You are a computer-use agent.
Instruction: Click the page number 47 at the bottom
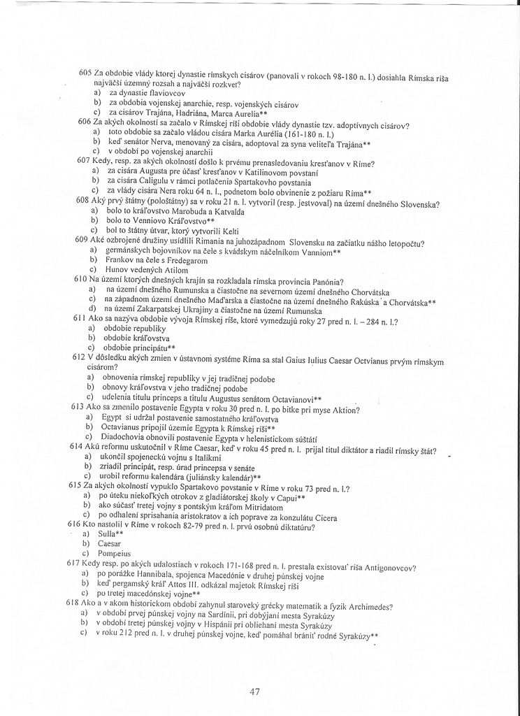(x=254, y=692)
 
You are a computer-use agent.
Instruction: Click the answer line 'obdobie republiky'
(x=133, y=328)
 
